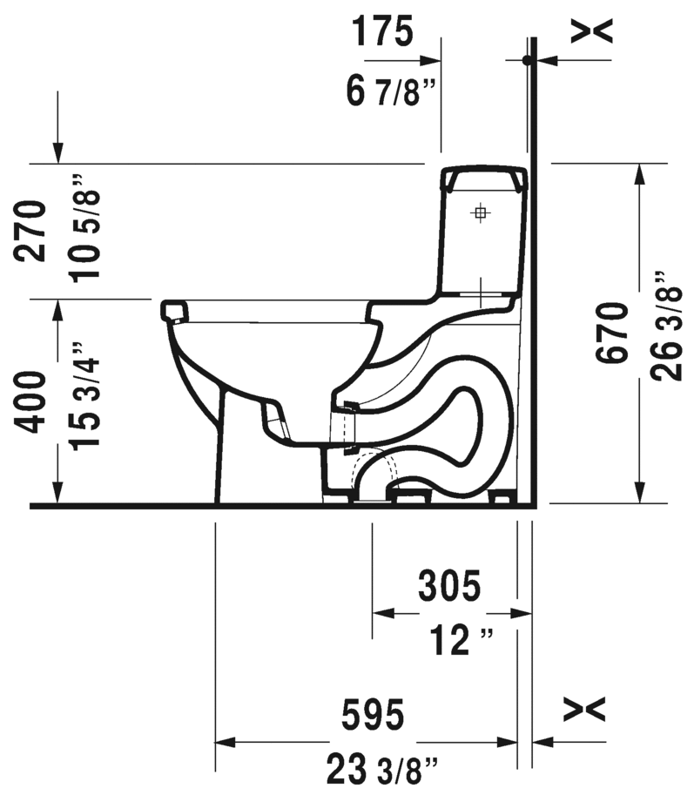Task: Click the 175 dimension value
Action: pyautogui.click(x=381, y=32)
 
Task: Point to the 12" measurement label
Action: pyautogui.click(x=461, y=643)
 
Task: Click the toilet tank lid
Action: pyautogui.click(x=484, y=179)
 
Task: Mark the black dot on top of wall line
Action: pyautogui.click(x=526, y=60)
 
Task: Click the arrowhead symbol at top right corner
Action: pyautogui.click(x=592, y=30)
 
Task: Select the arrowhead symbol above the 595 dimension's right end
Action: pyautogui.click(x=583, y=709)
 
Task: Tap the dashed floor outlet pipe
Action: pyautogui.click(x=374, y=475)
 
